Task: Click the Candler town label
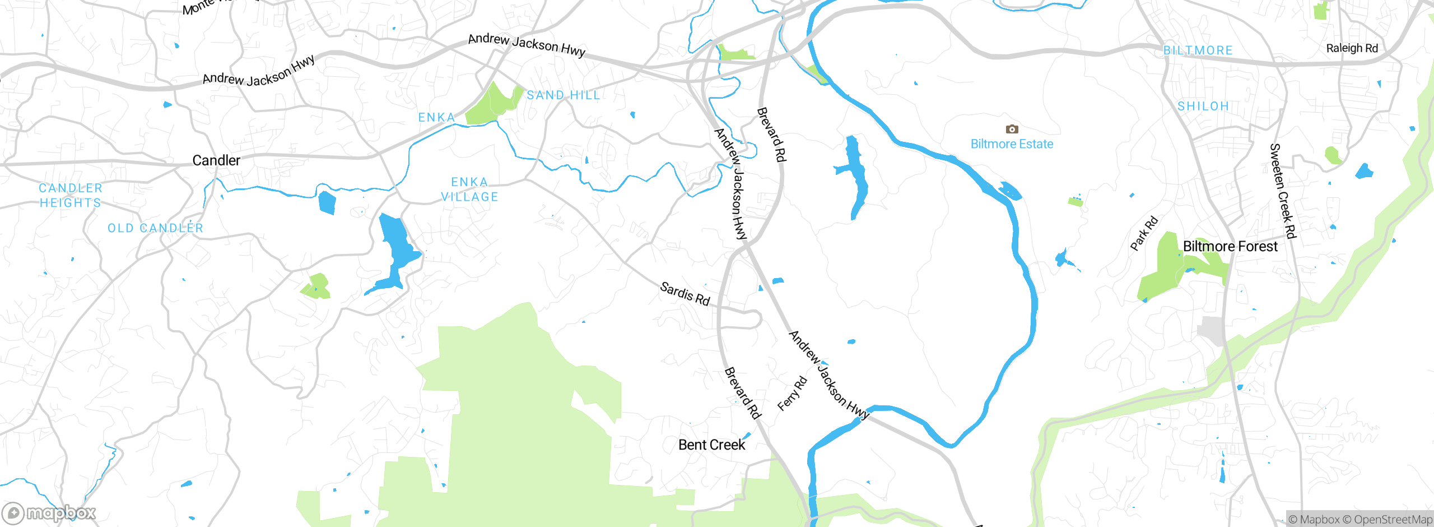(x=216, y=160)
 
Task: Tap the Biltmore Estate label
(x=1012, y=144)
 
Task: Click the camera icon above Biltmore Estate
(x=1012, y=130)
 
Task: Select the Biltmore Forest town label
(x=1230, y=246)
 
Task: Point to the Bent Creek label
(x=711, y=445)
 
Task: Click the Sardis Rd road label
(x=685, y=294)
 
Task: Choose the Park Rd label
(x=1144, y=233)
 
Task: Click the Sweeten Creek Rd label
(x=1283, y=191)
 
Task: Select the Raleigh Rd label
(x=1352, y=48)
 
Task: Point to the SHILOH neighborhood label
(x=1203, y=107)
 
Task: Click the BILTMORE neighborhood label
(x=1198, y=50)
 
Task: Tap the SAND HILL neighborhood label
(x=563, y=95)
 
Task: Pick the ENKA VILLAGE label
(x=469, y=189)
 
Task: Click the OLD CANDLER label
(x=155, y=228)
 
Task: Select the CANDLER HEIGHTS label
(x=71, y=195)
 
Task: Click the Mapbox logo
(x=49, y=513)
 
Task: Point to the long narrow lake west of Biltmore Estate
(x=856, y=174)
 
